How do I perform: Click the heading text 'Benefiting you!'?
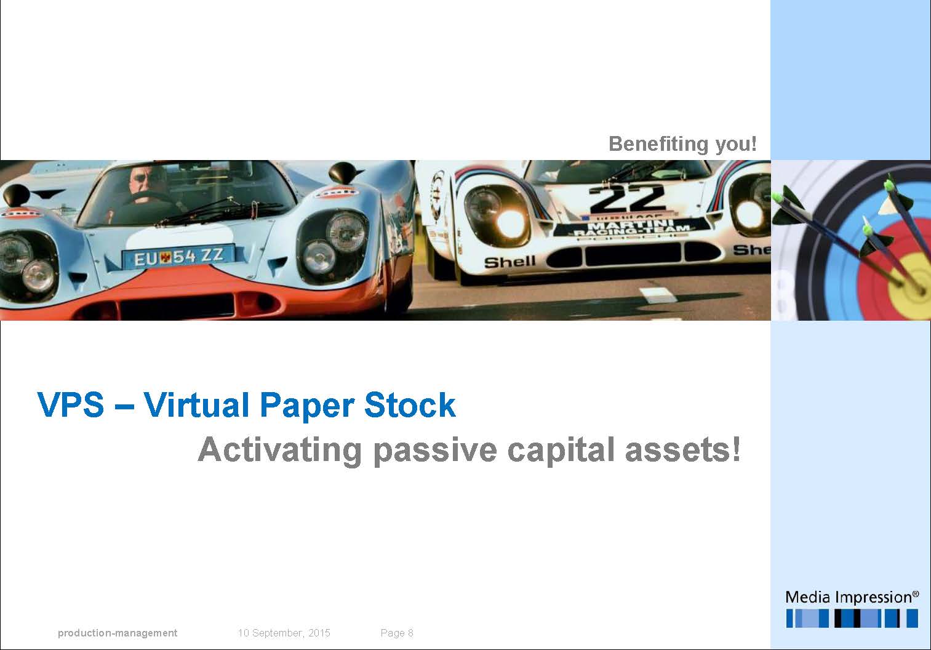[682, 144]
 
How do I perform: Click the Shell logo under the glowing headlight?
[509, 262]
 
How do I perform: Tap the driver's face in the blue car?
[146, 183]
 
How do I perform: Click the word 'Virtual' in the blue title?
[196, 404]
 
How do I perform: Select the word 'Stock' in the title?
[410, 404]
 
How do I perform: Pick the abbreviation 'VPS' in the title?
[70, 404]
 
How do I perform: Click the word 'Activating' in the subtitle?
[280, 451]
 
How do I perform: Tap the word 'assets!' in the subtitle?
[683, 450]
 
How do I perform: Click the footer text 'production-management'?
[118, 633]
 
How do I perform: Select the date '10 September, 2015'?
[284, 633]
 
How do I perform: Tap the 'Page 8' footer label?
[397, 633]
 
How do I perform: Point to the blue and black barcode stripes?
[852, 619]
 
